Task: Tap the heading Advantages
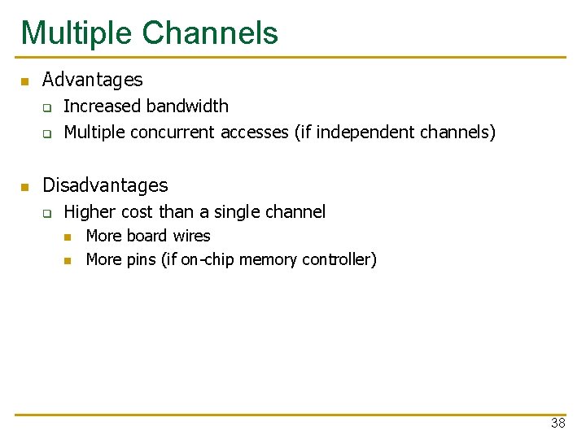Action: coord(92,80)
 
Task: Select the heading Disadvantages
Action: coord(105,185)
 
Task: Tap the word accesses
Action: coord(255,132)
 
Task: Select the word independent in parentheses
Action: coord(365,132)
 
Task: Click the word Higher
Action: coord(90,212)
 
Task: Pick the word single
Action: coord(242,212)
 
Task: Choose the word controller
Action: coord(338,260)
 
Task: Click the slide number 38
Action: coord(558,423)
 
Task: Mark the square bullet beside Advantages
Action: coord(25,81)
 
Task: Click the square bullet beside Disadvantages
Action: coord(25,187)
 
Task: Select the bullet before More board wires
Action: coord(68,237)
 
